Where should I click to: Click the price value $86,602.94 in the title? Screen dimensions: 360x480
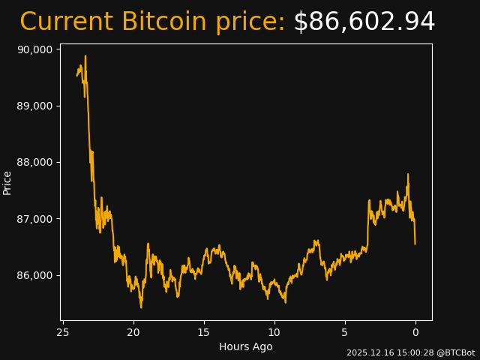(364, 22)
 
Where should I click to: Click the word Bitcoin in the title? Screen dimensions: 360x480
(164, 22)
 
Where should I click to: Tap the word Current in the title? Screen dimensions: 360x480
(66, 22)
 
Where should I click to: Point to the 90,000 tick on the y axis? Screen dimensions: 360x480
(34, 49)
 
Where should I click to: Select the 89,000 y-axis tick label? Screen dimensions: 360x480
(34, 106)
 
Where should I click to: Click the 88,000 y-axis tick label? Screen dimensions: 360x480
(34, 162)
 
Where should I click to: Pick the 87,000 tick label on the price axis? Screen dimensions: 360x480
(34, 219)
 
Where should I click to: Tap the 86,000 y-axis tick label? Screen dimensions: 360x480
(34, 275)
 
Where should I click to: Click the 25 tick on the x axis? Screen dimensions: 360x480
(63, 332)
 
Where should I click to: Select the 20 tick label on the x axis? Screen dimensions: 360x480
(133, 332)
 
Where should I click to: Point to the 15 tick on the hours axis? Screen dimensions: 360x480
(204, 332)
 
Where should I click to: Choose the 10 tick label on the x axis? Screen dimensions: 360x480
(274, 332)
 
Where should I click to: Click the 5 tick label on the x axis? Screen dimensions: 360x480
(345, 332)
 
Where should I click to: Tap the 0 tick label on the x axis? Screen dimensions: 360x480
(415, 332)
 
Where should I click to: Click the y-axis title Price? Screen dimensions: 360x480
(7, 182)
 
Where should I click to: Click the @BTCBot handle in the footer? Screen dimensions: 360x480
(455, 352)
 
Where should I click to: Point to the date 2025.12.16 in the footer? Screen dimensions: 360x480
(368, 352)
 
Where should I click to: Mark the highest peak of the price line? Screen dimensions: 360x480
(85, 55)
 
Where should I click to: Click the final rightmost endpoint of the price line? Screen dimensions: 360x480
(415, 243)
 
